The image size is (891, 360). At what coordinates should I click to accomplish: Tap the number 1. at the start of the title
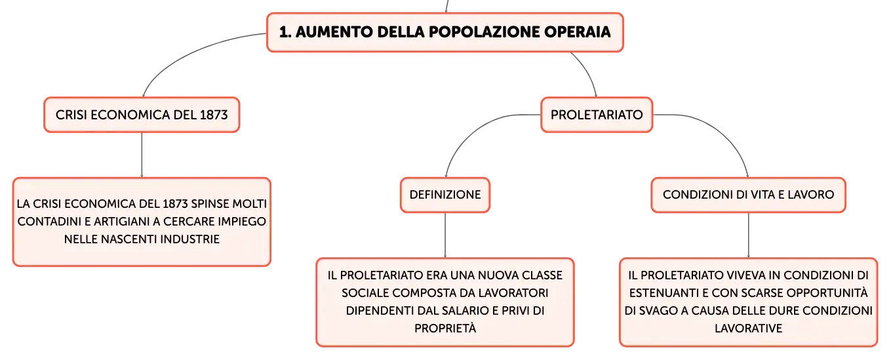tap(285, 32)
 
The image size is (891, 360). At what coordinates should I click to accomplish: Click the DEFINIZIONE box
tap(445, 195)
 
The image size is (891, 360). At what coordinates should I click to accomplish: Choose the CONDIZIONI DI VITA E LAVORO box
tap(748, 195)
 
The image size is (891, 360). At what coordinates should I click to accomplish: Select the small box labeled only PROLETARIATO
tap(597, 115)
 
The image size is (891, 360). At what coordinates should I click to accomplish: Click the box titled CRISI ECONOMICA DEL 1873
tap(142, 115)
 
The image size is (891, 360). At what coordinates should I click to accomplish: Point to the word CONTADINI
tap(49, 221)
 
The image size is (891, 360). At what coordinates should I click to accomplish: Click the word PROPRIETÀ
tap(445, 328)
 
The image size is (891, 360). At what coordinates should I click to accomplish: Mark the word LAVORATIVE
tap(748, 329)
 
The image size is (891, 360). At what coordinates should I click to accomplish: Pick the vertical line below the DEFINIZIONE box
tap(445, 235)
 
